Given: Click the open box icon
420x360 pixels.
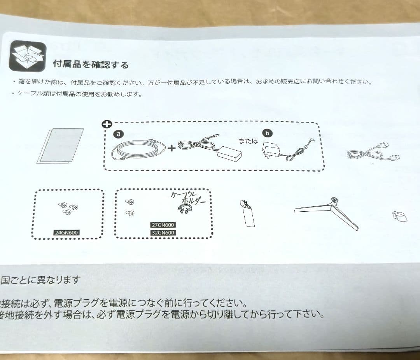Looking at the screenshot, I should tap(27, 56).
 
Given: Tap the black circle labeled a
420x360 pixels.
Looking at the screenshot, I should tap(118, 134).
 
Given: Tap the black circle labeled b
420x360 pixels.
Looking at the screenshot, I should tap(267, 133).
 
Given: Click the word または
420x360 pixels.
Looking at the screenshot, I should tap(248, 141).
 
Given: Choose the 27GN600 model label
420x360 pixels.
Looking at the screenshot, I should tap(163, 225).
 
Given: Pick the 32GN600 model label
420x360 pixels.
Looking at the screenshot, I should tap(163, 233).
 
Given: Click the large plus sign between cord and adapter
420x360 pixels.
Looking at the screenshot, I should tap(171, 148).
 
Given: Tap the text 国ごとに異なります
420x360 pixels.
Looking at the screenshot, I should tap(41, 279).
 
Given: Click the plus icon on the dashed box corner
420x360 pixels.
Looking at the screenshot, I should tap(106, 124).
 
